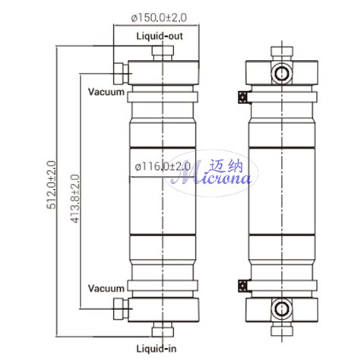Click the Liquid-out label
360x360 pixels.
159,36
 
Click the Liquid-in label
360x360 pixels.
158,348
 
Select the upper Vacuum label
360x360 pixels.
106,92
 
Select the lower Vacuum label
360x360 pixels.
106,289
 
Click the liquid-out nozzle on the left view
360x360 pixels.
159,53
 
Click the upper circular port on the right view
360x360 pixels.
281,73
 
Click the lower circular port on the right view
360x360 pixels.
281,309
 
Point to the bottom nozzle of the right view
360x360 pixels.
281,330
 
